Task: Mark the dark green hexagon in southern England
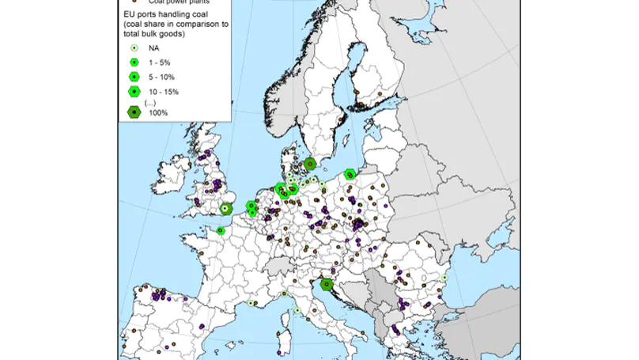tap(225, 209)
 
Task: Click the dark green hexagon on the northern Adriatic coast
tap(324, 286)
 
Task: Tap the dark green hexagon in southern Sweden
tap(311, 164)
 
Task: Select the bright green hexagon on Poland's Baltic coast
tap(350, 172)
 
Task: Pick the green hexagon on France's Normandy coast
tap(222, 231)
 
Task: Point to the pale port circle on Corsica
tap(297, 311)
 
